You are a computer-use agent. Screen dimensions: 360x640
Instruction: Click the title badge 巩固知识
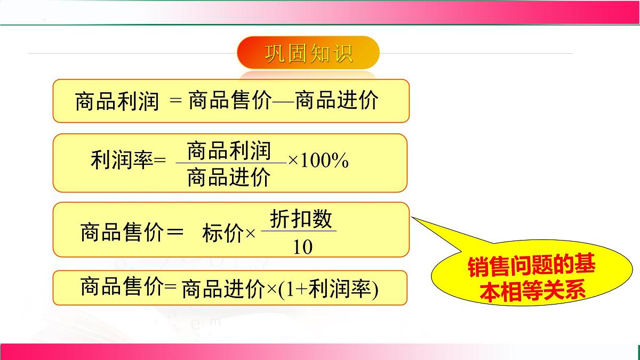pyautogui.click(x=308, y=53)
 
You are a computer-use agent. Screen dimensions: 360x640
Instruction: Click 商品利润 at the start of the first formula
pyautogui.click(x=117, y=101)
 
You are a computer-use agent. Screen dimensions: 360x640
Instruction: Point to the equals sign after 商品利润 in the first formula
pyautogui.click(x=175, y=101)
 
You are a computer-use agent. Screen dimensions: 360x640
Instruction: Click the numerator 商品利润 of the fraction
pyautogui.click(x=229, y=151)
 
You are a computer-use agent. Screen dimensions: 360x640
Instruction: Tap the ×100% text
pyautogui.click(x=318, y=161)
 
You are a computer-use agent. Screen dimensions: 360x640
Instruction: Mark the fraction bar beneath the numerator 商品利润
pyautogui.click(x=230, y=163)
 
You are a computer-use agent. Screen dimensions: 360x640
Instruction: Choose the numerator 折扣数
pyautogui.click(x=301, y=219)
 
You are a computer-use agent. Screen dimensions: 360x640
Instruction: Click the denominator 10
pyautogui.click(x=302, y=247)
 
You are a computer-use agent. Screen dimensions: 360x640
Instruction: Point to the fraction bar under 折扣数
pyautogui.click(x=299, y=231)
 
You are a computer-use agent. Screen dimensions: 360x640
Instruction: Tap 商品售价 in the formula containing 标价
pyautogui.click(x=122, y=233)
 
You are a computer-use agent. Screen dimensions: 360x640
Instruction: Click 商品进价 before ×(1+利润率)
pyautogui.click(x=223, y=290)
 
